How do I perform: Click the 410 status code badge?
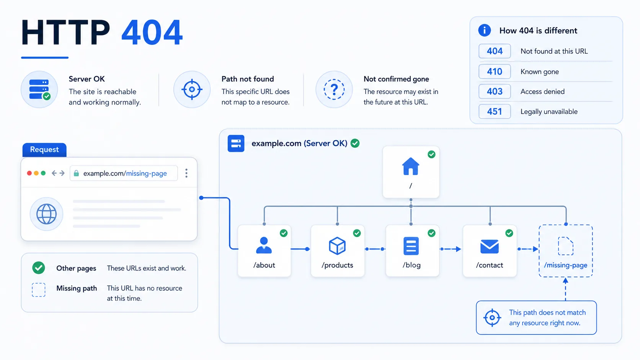click(x=495, y=72)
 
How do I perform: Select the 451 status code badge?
click(x=495, y=111)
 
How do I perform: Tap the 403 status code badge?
click(x=495, y=91)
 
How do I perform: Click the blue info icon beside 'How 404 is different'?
click(x=484, y=30)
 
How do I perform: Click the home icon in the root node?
click(x=411, y=166)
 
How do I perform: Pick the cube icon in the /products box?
click(x=337, y=246)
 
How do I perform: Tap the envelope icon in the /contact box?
click(x=490, y=246)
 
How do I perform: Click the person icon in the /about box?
click(x=264, y=245)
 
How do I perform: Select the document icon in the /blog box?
click(x=411, y=246)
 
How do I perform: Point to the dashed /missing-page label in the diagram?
click(x=565, y=265)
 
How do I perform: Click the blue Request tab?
click(x=44, y=150)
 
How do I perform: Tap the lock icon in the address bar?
click(x=76, y=173)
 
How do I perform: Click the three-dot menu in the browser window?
click(x=186, y=173)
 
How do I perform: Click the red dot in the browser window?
click(x=29, y=173)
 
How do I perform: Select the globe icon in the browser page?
click(x=46, y=214)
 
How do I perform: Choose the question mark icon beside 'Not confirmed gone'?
click(x=334, y=90)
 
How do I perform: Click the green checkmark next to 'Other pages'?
click(x=39, y=268)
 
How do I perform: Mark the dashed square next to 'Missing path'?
click(x=39, y=290)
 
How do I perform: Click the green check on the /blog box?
click(x=431, y=233)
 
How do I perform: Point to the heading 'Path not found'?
click(x=247, y=79)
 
